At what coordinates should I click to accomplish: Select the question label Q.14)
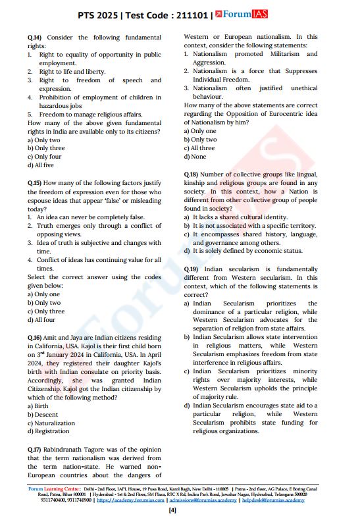pos(36,38)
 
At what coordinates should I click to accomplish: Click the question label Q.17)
pos(36,448)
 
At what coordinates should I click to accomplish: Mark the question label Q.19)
pos(192,269)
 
